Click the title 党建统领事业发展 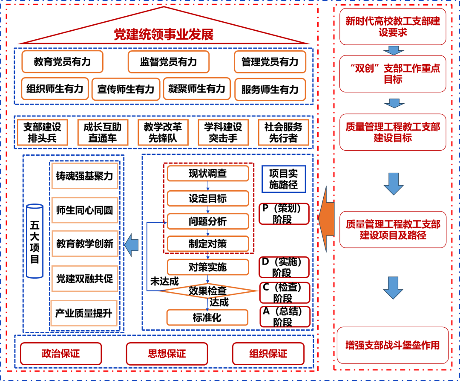164,35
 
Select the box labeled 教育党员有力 62,62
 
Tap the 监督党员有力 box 168,62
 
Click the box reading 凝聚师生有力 196,89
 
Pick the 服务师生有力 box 270,90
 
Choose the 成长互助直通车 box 102,132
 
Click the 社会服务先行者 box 283,132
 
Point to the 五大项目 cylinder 35,241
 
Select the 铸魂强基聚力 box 84,176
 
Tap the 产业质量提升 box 84,314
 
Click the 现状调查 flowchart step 208,174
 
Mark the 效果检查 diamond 208,291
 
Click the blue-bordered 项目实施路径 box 283,179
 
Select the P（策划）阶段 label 284,214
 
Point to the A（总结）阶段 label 284,317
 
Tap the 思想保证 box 167,354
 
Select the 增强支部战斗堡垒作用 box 392,345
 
